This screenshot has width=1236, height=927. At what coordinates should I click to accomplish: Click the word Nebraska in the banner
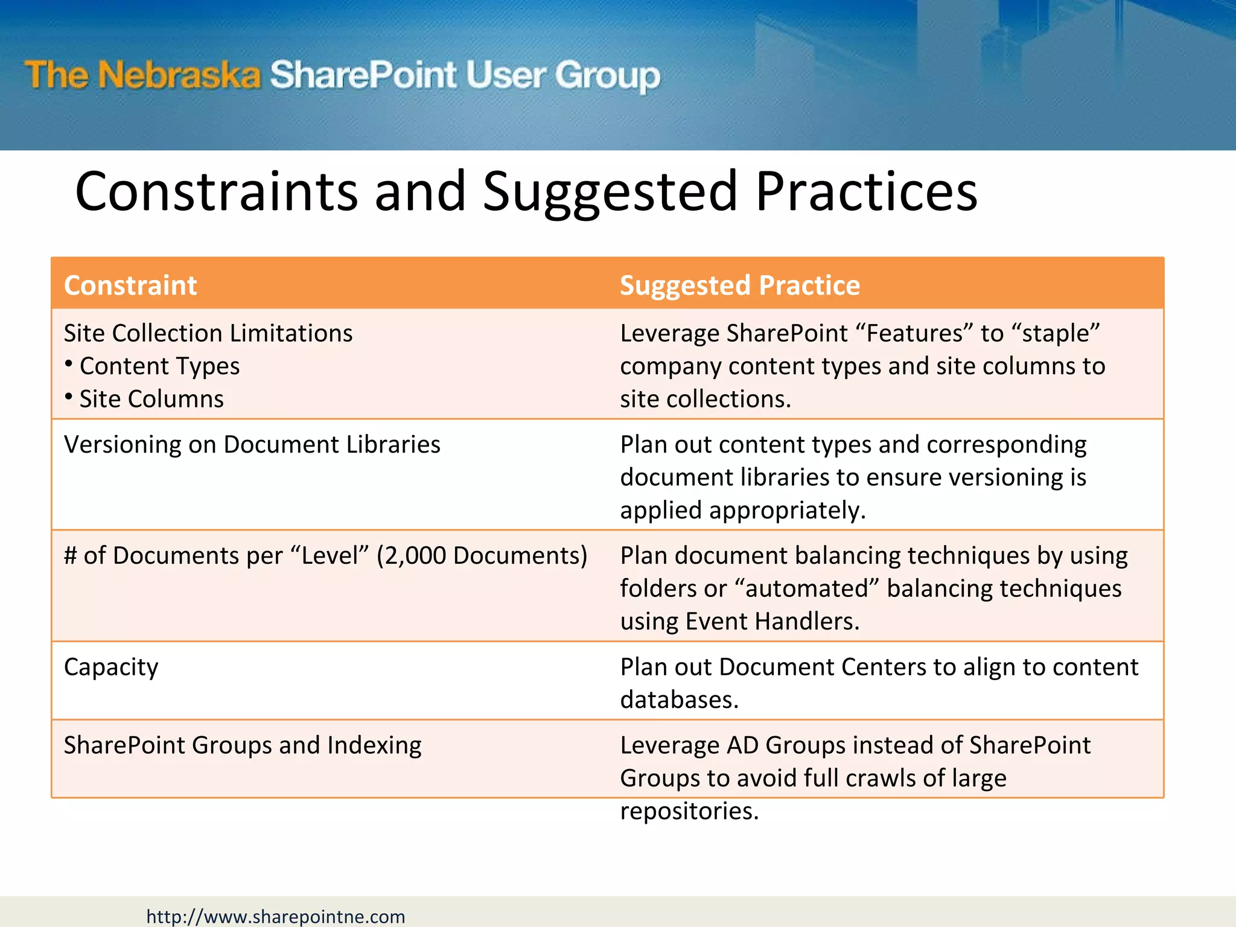tap(179, 76)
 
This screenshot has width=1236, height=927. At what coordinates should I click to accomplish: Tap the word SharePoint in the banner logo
tap(363, 76)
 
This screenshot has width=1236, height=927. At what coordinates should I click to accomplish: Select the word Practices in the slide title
tap(866, 191)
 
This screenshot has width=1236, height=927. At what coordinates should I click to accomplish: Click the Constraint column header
tap(130, 285)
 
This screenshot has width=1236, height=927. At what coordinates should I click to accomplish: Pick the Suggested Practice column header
tap(740, 285)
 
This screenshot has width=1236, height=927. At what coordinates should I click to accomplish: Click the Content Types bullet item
tap(159, 366)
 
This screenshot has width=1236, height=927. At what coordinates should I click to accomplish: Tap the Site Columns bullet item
tap(151, 399)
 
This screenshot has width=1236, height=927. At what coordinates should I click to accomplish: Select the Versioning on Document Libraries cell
tap(252, 445)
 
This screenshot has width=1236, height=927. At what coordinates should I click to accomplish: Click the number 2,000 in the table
tap(415, 556)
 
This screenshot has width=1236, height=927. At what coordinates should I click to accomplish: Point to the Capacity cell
tap(111, 667)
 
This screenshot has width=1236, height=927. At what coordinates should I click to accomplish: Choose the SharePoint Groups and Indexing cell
tap(243, 745)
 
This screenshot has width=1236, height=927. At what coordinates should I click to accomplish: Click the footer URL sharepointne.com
tap(275, 916)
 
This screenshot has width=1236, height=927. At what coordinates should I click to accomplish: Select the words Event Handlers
tap(772, 622)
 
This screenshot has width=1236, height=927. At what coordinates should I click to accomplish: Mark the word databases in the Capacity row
tap(679, 700)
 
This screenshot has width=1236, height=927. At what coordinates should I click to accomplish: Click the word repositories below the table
tap(689, 811)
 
